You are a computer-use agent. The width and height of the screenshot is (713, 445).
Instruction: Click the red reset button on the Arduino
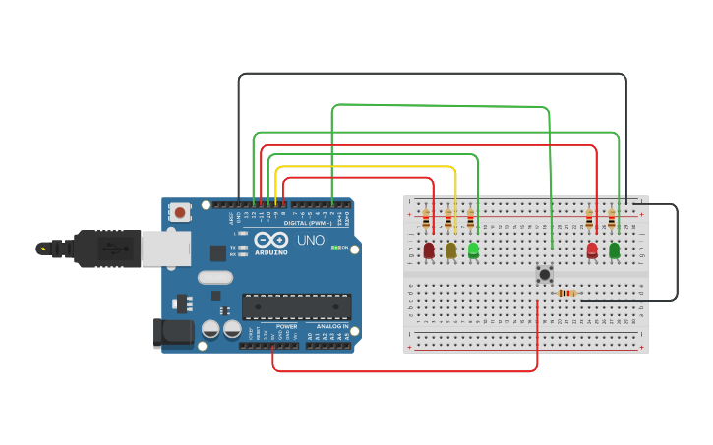click(x=180, y=211)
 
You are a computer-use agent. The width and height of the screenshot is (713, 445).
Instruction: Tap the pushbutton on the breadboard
click(x=543, y=274)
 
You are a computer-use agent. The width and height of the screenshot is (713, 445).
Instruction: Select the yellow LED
click(x=451, y=250)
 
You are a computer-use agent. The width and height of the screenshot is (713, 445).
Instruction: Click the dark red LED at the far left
click(x=429, y=250)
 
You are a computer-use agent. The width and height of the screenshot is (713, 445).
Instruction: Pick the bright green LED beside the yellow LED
click(x=473, y=250)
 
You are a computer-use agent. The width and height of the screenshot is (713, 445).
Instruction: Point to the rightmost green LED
click(x=615, y=250)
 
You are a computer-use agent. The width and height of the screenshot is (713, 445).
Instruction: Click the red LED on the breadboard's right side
click(x=592, y=250)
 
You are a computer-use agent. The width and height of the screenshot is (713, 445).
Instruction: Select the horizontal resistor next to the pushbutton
click(x=567, y=293)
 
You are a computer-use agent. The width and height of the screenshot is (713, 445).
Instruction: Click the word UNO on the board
click(x=310, y=240)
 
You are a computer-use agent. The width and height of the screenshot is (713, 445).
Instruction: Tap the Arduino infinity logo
click(x=270, y=240)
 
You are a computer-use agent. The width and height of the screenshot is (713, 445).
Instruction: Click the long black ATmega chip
click(x=296, y=306)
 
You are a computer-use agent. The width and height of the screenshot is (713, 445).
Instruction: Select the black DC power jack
click(x=174, y=332)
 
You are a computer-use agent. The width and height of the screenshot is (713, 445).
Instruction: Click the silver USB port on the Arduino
click(x=164, y=249)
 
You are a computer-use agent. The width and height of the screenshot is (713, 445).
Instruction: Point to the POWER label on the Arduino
click(x=286, y=326)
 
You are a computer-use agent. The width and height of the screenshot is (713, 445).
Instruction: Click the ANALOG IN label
click(x=331, y=326)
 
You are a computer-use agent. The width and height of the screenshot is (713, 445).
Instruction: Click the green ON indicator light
click(x=333, y=247)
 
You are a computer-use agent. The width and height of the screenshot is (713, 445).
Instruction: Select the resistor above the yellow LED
click(x=448, y=218)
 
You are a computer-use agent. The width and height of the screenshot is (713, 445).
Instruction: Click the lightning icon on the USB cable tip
click(x=42, y=249)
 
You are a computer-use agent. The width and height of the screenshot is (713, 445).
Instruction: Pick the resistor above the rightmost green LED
click(x=612, y=218)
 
